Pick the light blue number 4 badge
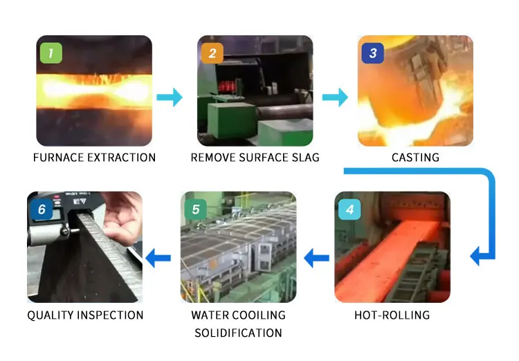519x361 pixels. (350, 210)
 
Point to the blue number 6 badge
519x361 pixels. (41, 210)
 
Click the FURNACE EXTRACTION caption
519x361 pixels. (94, 158)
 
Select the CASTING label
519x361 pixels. (415, 158)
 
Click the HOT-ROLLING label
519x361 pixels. (392, 315)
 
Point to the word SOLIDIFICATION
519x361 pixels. (238, 333)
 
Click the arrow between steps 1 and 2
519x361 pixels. (169, 98)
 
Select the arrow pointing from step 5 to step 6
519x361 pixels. (160, 259)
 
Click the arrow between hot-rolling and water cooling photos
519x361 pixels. (318, 259)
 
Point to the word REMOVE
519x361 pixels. (212, 158)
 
